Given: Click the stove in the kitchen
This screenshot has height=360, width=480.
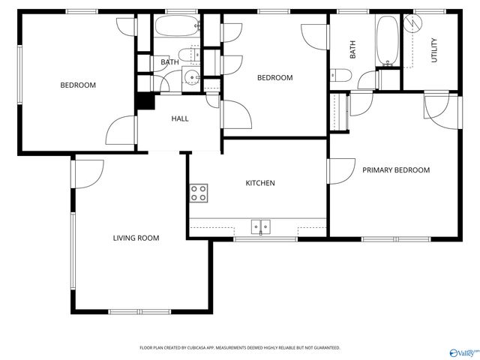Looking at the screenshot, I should pos(199,193).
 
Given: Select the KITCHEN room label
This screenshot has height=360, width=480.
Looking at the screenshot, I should pos(260,183).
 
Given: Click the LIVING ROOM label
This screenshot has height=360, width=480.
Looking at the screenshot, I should pos(136,238).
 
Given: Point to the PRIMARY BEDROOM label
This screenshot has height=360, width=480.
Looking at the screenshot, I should pos(396,170).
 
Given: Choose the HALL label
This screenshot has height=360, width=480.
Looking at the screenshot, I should pos(180,118).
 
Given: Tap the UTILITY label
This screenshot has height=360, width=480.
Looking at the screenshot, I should pos(433,49).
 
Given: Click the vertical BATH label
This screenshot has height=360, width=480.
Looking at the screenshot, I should pos(352,49).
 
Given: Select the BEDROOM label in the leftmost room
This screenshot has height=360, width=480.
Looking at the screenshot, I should pos(78,85).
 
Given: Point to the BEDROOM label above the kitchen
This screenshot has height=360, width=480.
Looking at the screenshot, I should pos(274,78).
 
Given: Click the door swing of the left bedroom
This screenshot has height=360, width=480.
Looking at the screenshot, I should pos(120,131).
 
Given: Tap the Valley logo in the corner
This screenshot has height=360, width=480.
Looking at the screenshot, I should pos(462,351).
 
